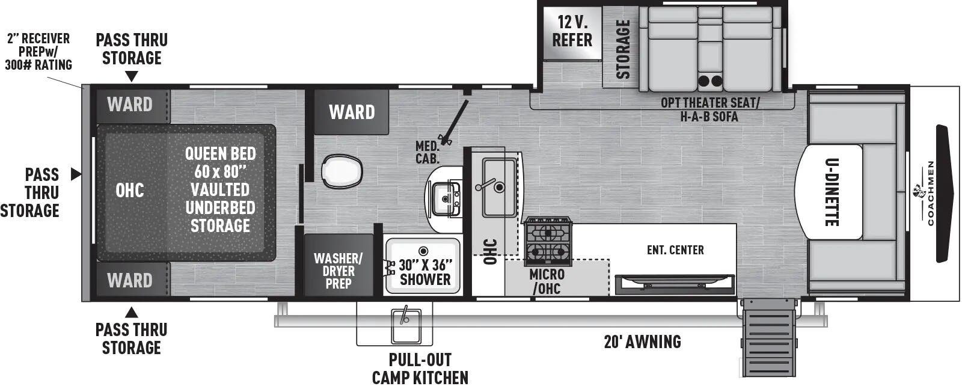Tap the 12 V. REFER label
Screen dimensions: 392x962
[x=572, y=31]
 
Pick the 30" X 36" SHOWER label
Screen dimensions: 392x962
[x=425, y=272]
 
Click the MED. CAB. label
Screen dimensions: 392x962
[x=427, y=152]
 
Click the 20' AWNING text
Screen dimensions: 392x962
[x=642, y=342]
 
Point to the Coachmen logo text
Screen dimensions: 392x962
[x=931, y=193]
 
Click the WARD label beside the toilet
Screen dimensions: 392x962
[x=352, y=112]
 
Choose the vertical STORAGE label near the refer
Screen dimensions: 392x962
[x=623, y=49]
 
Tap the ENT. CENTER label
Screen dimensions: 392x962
[x=675, y=250]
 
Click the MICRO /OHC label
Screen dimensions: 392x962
[x=547, y=281]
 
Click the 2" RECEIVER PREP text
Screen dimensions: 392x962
[x=38, y=52]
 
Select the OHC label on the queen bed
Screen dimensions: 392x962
[x=130, y=191]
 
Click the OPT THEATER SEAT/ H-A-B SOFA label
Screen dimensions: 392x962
[x=709, y=109]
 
